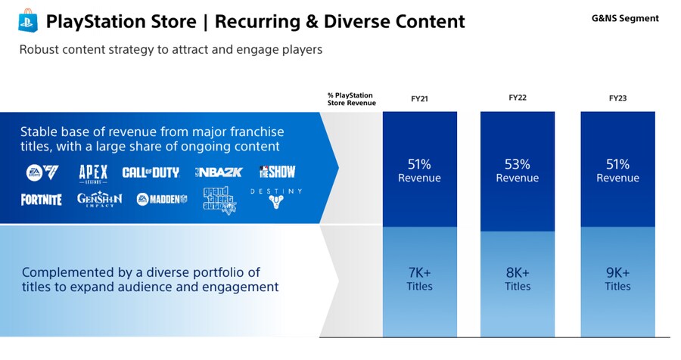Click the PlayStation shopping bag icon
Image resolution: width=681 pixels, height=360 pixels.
[x=28, y=20]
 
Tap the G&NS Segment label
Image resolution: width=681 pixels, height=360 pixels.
[x=625, y=18]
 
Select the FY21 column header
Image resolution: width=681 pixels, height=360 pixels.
[x=420, y=98]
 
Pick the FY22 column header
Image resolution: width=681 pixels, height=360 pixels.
[x=518, y=98]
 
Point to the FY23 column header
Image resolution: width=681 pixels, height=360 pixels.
[x=617, y=98]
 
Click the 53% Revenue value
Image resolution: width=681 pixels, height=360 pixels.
[x=518, y=171]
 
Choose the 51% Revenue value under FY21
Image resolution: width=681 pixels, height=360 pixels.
[x=420, y=171]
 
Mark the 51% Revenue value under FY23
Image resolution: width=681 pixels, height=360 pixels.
[x=617, y=171]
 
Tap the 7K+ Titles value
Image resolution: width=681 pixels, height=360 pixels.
[x=420, y=279]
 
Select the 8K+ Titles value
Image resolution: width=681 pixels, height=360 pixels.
[x=518, y=279]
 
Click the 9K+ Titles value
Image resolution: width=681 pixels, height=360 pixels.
[x=617, y=279]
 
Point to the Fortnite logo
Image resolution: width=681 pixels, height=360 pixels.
[x=42, y=200]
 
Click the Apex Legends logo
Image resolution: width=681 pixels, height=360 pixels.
[x=93, y=172]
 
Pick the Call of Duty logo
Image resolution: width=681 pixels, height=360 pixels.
[x=151, y=172]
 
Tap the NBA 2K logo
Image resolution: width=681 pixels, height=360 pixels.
[x=219, y=172]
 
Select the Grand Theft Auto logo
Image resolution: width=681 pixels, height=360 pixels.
[x=219, y=199]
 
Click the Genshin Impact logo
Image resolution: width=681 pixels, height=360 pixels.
[x=99, y=199]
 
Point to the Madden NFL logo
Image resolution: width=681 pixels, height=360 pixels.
[x=162, y=200]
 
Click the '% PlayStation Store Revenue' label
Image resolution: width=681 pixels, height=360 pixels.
[x=351, y=99]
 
